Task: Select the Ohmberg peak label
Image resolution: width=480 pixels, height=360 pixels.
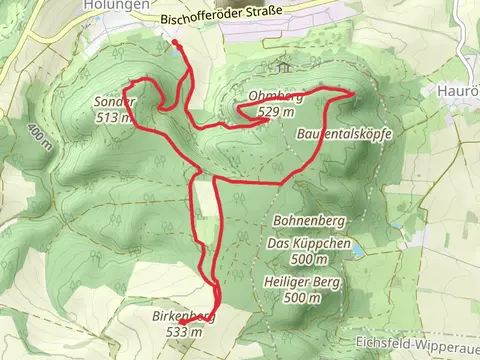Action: point(268,97)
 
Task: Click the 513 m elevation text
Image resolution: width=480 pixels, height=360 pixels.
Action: point(114,117)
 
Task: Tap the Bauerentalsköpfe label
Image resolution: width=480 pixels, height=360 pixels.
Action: point(342,134)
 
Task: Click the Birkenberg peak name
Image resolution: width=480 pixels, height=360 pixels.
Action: point(184,317)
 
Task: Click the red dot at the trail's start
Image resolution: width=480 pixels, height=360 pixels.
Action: point(176,43)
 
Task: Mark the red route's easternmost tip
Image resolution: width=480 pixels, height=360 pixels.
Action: point(353,93)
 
